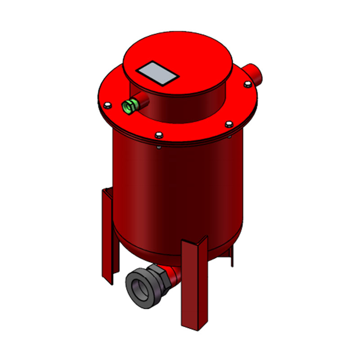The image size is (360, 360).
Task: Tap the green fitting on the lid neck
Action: [x=129, y=107]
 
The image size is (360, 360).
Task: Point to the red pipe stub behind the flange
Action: [x=254, y=73]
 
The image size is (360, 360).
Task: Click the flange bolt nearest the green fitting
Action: [x=107, y=106]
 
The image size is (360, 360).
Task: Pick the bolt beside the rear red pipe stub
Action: [x=247, y=84]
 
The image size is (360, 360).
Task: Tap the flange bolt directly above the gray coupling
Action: [x=158, y=135]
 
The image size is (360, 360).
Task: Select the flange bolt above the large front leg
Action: [x=229, y=124]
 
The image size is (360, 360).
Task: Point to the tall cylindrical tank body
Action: [x=180, y=189]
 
